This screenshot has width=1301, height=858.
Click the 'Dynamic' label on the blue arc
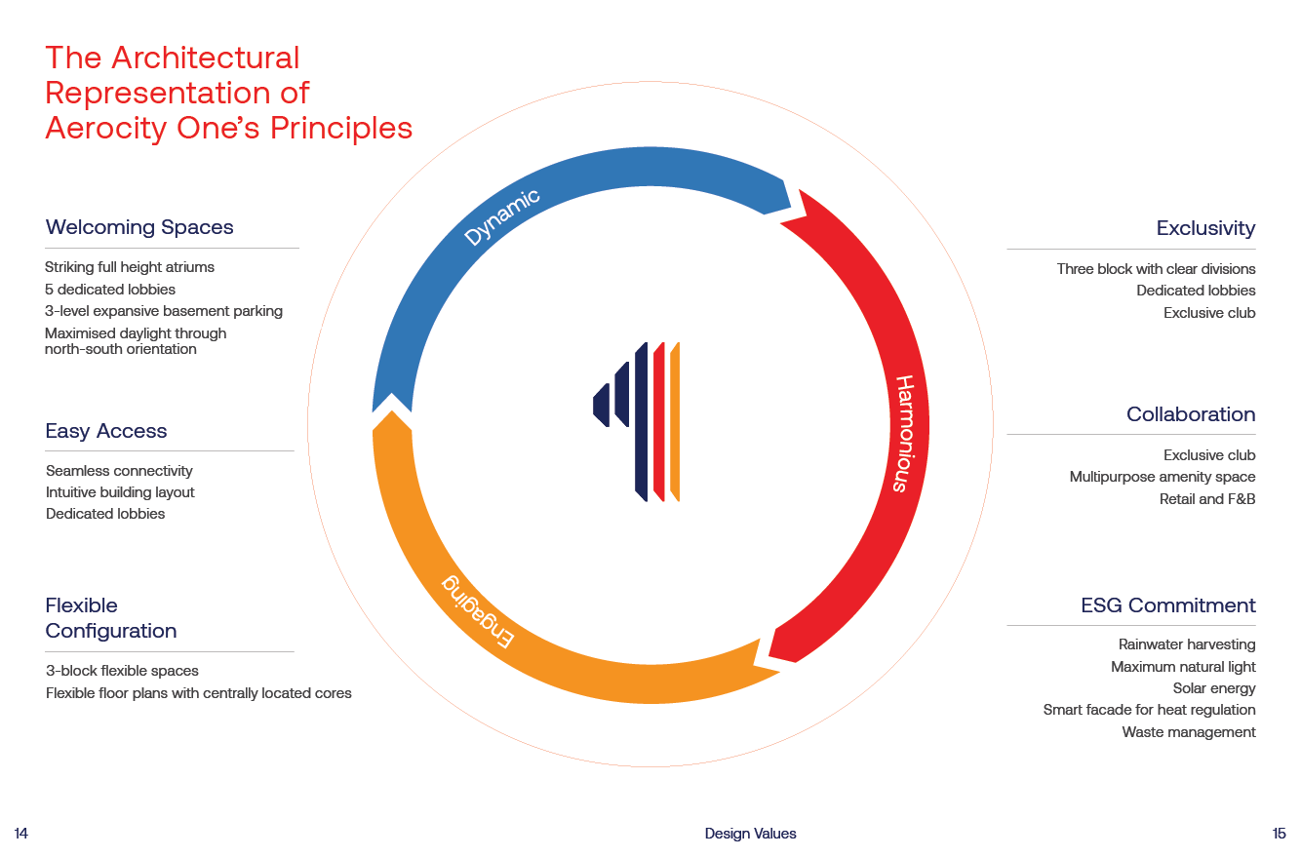click(502, 217)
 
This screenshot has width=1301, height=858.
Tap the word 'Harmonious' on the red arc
click(904, 434)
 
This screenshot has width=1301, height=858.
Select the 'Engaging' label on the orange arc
click(478, 611)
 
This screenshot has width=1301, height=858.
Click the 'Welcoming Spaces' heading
click(139, 227)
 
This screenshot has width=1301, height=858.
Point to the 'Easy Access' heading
click(106, 431)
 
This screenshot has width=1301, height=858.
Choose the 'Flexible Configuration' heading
click(111, 618)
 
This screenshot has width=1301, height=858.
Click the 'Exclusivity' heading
click(1205, 228)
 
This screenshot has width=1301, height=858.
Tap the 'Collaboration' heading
click(1191, 414)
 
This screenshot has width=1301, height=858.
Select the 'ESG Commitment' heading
click(1168, 605)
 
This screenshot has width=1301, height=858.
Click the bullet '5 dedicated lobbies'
click(110, 290)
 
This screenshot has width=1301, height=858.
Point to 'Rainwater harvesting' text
click(1187, 644)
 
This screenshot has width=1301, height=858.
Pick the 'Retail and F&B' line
click(1207, 498)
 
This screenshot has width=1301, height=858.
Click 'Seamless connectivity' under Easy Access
click(119, 471)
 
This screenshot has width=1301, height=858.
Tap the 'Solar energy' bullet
click(1214, 688)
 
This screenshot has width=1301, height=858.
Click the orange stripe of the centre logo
click(675, 422)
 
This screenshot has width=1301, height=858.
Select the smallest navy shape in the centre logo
click(601, 406)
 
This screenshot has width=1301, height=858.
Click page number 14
click(20, 834)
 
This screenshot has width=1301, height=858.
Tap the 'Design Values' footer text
click(750, 834)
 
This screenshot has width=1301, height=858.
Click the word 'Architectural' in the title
click(206, 58)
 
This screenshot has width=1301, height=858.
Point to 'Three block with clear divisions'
click(1156, 269)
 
